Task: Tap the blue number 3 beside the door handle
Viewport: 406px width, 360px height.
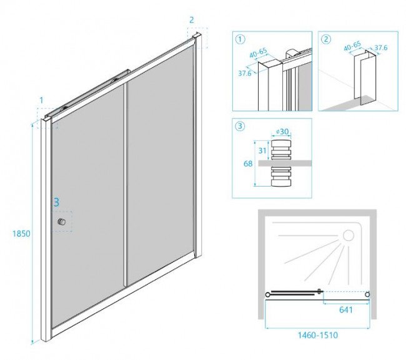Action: (56, 202)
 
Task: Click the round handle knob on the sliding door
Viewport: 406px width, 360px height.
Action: (61, 223)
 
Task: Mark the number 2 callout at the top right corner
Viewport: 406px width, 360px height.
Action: (192, 19)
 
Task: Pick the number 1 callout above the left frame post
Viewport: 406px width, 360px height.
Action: (41, 100)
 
